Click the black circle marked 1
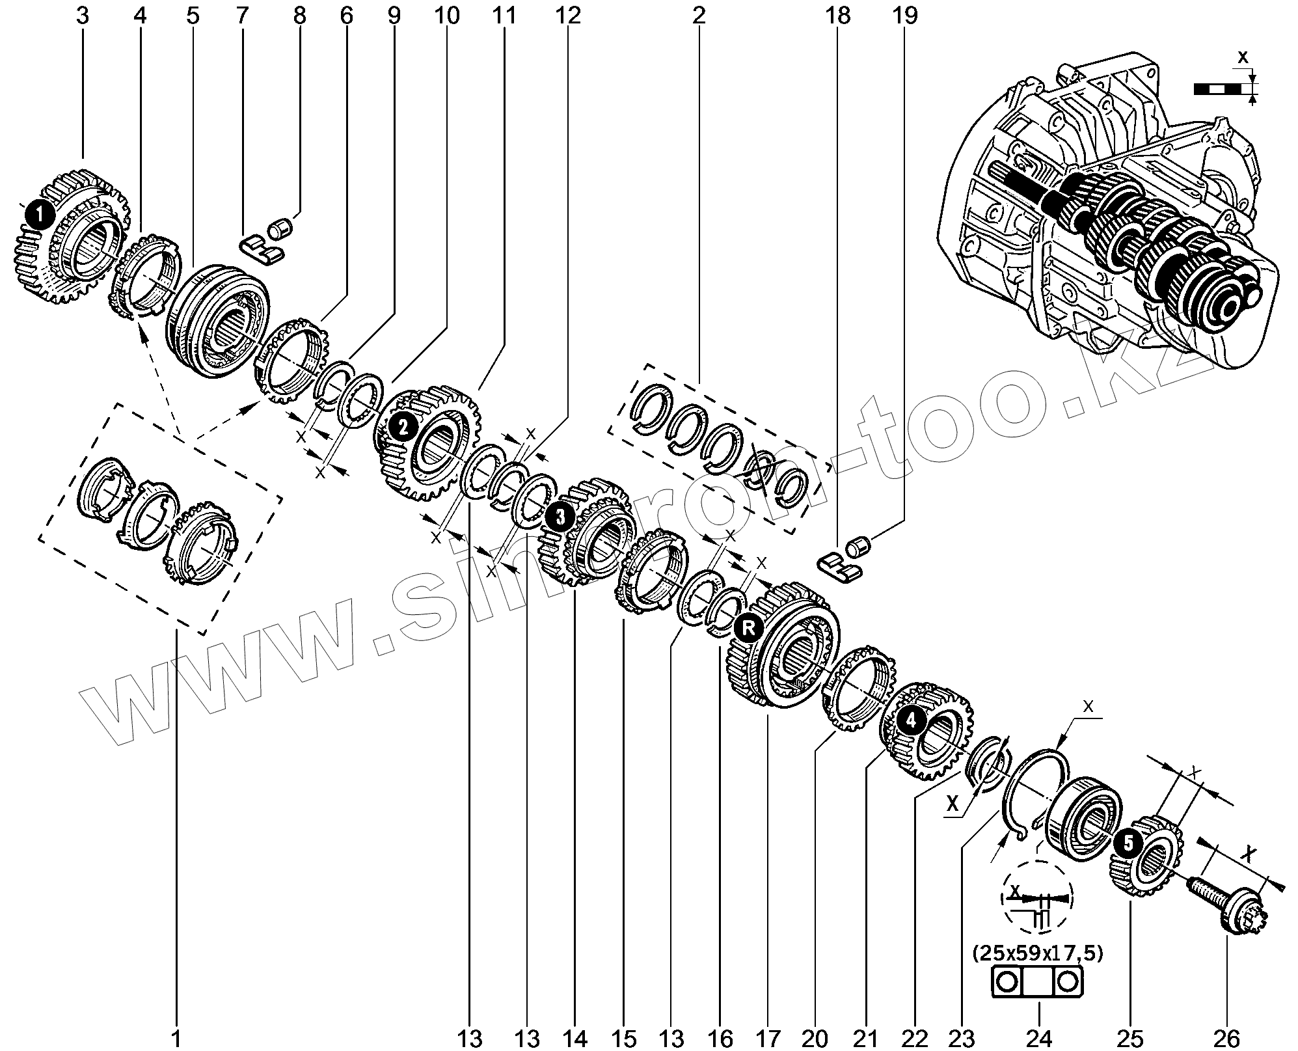tap(40, 213)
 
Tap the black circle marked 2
tap(403, 427)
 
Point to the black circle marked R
tap(748, 628)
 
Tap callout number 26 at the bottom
tap(1226, 1037)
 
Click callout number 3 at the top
tap(82, 15)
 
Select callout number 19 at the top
tap(906, 15)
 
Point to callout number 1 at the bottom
tap(176, 1037)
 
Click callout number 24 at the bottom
tap(1039, 1037)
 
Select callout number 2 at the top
tap(699, 15)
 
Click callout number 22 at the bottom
tap(915, 1037)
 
